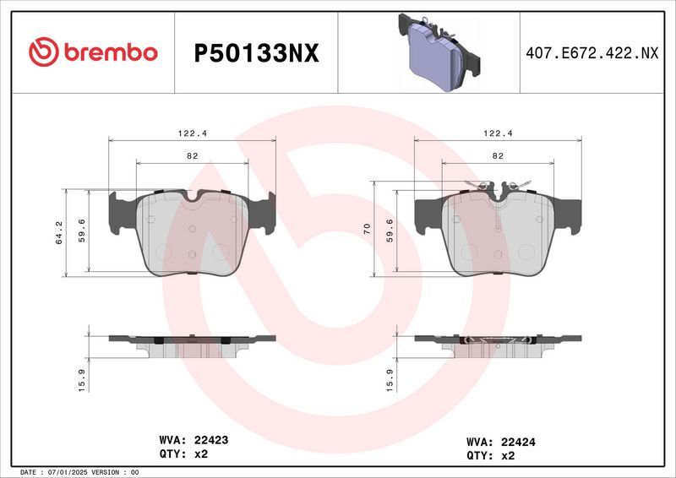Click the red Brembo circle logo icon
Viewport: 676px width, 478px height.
tap(43, 52)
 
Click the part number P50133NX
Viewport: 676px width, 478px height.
tap(256, 53)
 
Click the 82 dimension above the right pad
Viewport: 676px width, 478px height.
tap(498, 155)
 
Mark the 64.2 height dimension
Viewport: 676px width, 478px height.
tap(60, 232)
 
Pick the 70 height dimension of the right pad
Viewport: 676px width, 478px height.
tap(368, 229)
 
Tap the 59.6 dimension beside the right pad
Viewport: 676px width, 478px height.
tap(390, 232)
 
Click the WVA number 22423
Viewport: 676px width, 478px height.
tap(211, 440)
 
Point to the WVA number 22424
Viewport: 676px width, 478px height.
tap(519, 441)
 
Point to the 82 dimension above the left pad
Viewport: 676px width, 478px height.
tap(193, 155)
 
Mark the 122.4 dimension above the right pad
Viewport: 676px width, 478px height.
tap(498, 133)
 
